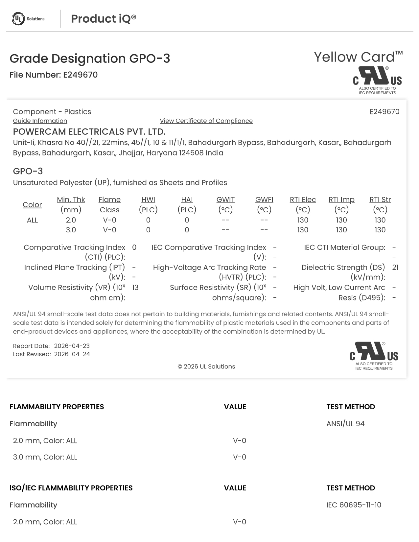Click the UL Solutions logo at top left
click(28, 19)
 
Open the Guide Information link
click(40, 121)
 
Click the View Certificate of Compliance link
click(206, 121)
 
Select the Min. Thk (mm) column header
click(71, 204)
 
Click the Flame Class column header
click(109, 204)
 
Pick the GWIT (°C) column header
click(225, 204)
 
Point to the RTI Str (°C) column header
click(380, 204)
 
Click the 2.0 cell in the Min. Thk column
click(71, 220)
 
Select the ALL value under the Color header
click(32, 220)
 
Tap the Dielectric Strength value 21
click(395, 268)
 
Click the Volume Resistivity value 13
click(135, 288)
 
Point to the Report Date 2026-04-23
click(72, 346)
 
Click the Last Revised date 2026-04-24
click(72, 354)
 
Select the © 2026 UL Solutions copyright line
click(206, 366)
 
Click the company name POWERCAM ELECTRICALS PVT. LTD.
click(89, 132)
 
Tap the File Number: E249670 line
click(54, 75)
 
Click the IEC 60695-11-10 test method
click(354, 505)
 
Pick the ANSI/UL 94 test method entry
click(345, 424)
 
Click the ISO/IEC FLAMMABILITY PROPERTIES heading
click(71, 488)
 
